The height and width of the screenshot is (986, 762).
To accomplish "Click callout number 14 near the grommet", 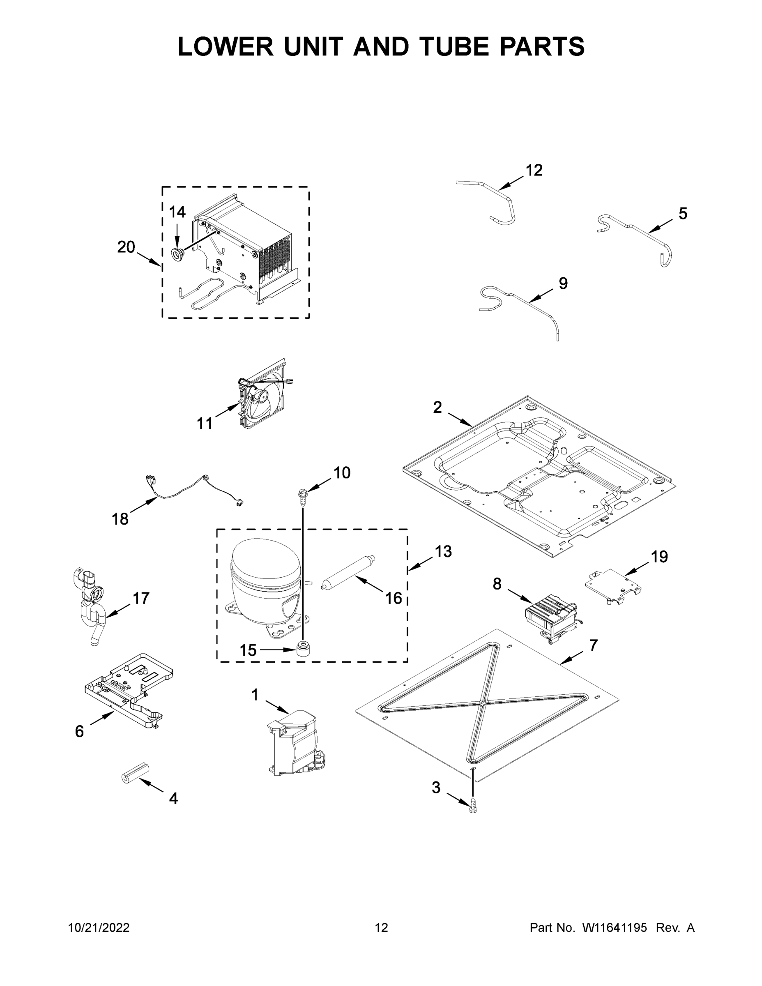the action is (x=177, y=212).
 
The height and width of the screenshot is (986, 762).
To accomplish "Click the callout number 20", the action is (x=126, y=247).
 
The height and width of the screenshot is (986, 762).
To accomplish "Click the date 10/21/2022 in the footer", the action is (x=99, y=927).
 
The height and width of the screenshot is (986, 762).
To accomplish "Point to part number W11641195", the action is (x=615, y=927).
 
